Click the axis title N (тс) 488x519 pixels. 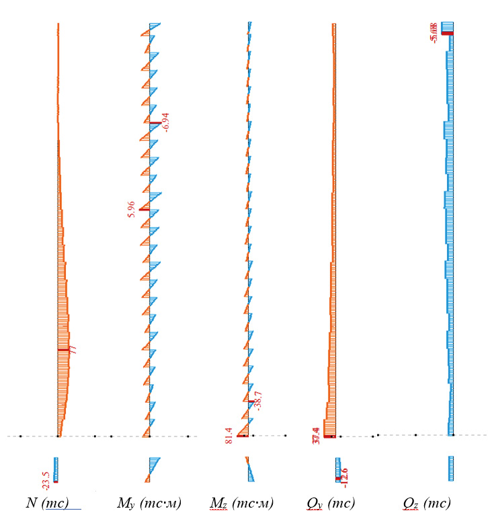47,504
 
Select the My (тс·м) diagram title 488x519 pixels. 149,504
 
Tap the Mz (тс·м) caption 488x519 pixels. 241,504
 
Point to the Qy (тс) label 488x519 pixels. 331,504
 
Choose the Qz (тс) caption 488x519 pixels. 426,504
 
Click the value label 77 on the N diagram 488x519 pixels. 73,349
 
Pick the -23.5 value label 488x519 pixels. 46,481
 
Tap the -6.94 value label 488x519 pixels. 166,122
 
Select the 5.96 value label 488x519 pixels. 132,209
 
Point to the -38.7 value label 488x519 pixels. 258,401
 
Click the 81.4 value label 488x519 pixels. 229,435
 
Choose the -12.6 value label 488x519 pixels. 345,477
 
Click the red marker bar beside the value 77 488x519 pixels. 63,350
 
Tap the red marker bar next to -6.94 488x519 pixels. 155,123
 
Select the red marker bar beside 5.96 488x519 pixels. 144,209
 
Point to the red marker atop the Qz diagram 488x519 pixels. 447,33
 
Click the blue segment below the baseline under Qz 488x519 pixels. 451,468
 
